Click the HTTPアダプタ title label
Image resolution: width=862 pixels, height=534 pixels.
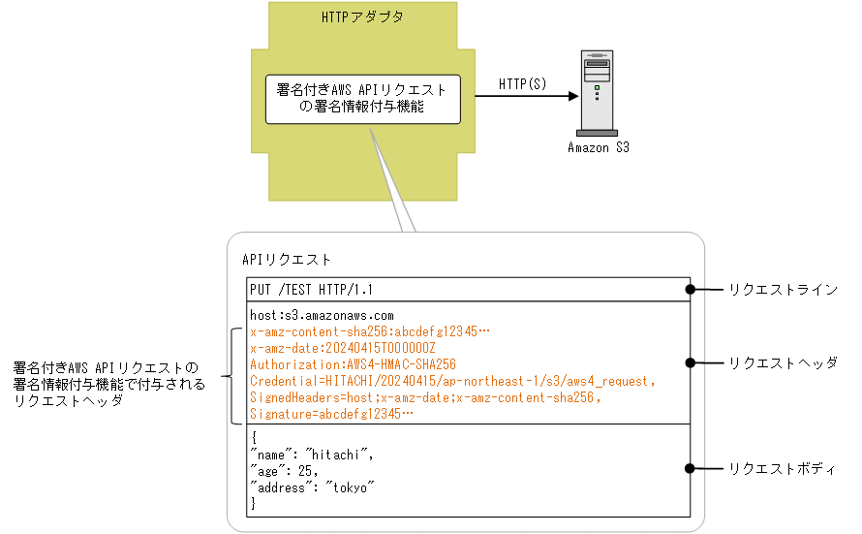coord(361,17)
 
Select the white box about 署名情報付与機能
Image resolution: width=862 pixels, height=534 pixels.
coord(362,99)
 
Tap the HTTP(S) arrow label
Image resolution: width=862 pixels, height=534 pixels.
coord(522,83)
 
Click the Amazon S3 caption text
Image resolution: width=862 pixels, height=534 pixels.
coord(598,148)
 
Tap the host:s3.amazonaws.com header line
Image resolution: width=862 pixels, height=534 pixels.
coord(322,315)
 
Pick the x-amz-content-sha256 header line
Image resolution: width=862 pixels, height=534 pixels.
coord(370,331)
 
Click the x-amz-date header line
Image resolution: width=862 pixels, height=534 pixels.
coord(343,348)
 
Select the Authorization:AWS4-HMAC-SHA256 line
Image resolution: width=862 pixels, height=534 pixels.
coord(353,364)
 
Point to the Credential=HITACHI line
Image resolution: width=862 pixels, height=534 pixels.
coord(453,381)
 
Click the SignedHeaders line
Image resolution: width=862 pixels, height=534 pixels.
coord(425,397)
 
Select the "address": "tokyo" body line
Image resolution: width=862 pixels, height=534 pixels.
coord(312,487)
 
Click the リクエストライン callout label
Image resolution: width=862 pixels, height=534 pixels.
coord(783,289)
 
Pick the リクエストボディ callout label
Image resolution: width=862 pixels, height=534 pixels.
coord(783,468)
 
